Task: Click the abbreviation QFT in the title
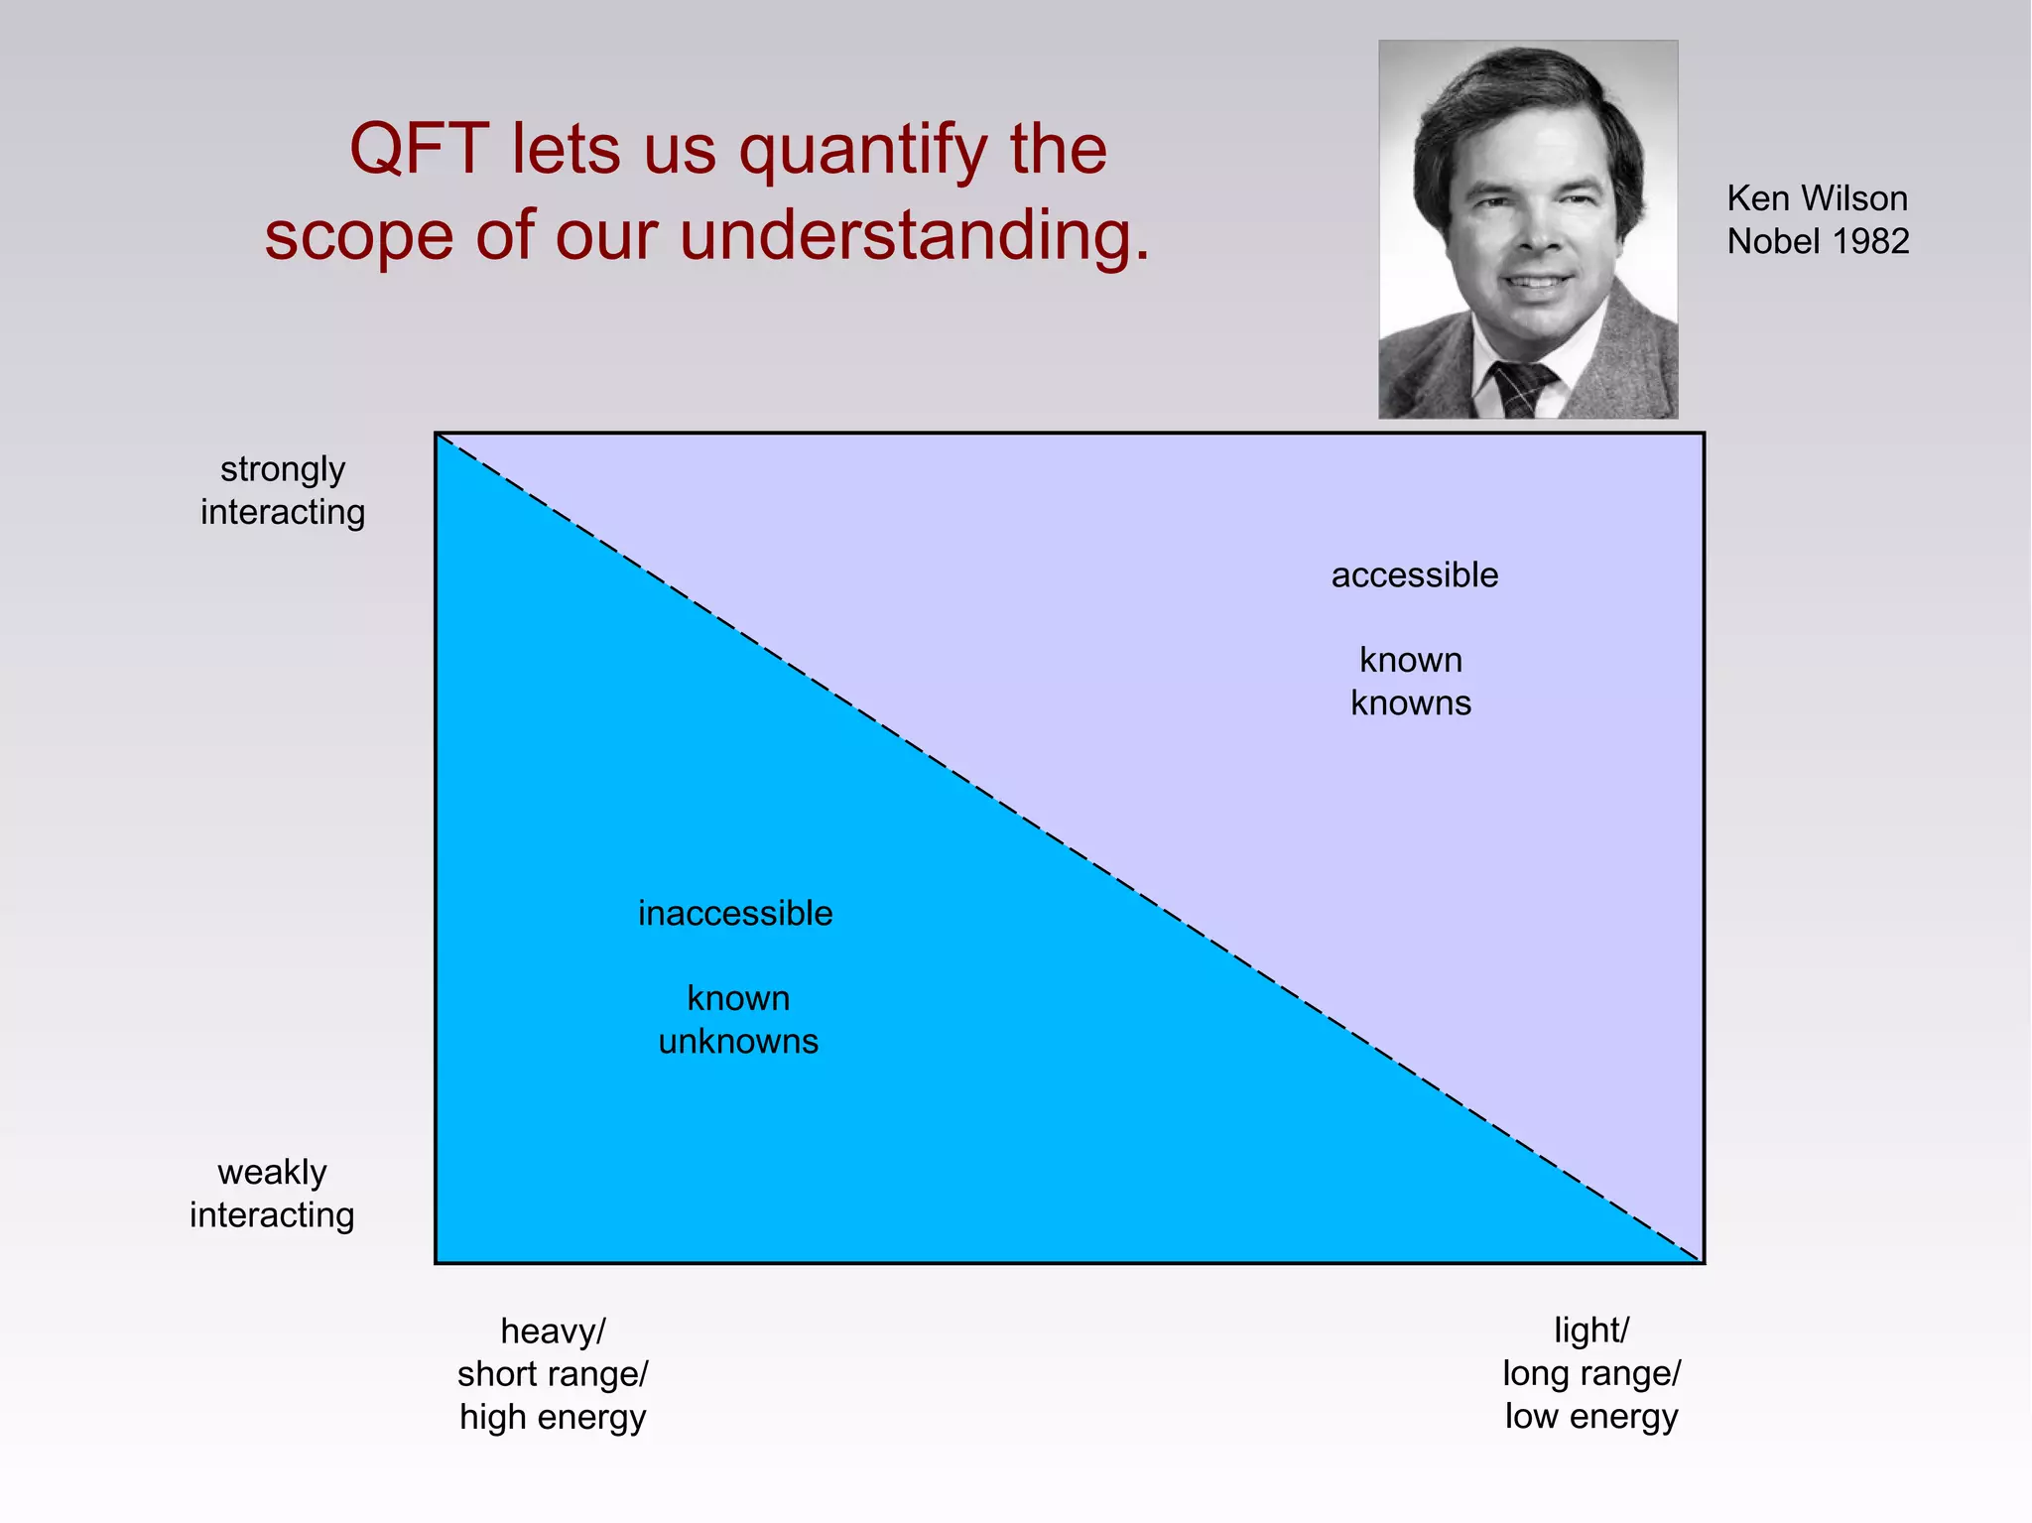(x=419, y=150)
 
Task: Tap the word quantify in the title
(x=862, y=152)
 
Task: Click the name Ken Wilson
(x=1817, y=198)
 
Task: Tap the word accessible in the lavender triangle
(x=1414, y=575)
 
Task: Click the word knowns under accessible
(x=1410, y=703)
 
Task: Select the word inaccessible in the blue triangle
(x=735, y=914)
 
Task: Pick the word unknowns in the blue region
(x=738, y=1042)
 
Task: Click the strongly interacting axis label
(x=283, y=490)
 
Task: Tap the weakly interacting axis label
(x=272, y=1194)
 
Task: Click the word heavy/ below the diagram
(x=553, y=1332)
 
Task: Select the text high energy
(x=553, y=1417)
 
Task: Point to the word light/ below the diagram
(x=1590, y=1331)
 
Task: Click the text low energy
(x=1590, y=1417)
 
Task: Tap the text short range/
(x=553, y=1374)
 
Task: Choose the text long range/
(x=1590, y=1374)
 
